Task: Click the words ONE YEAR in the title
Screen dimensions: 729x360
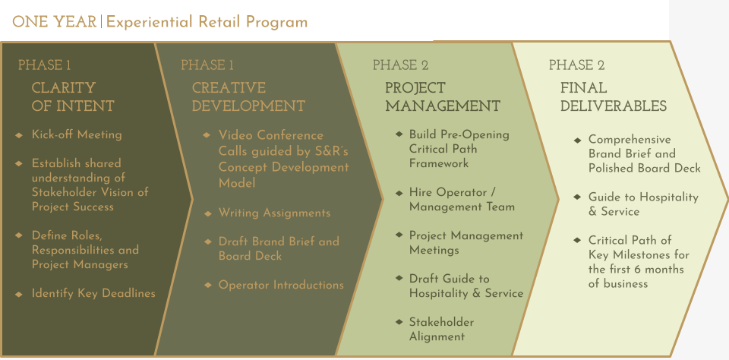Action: [x=54, y=21]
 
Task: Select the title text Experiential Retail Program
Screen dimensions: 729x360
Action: [x=207, y=21]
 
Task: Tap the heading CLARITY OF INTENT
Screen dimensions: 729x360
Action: [x=72, y=97]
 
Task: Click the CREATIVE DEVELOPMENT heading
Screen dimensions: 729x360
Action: [x=248, y=97]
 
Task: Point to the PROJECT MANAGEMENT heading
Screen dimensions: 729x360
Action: [x=442, y=97]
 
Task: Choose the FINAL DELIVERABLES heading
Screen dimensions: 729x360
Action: [x=613, y=97]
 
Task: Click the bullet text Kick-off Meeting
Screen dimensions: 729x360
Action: [x=76, y=134]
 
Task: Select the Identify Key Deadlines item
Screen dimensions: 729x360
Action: [x=93, y=293]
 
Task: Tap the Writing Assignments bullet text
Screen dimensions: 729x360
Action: [x=274, y=213]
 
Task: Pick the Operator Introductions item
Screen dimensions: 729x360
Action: [x=281, y=285]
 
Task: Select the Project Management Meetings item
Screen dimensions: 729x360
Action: [x=465, y=242]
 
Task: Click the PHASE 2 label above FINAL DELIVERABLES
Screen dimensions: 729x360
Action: [x=576, y=65]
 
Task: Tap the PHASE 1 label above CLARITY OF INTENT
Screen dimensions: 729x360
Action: [x=44, y=65]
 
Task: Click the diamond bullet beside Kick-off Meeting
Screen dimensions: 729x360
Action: [x=19, y=135]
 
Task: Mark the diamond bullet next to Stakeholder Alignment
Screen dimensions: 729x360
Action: [x=399, y=322]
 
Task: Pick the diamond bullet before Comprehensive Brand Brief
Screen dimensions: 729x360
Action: [x=578, y=140]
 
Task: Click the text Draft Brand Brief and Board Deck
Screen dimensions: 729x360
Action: [x=278, y=248]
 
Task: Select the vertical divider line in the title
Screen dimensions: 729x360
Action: [x=101, y=21]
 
